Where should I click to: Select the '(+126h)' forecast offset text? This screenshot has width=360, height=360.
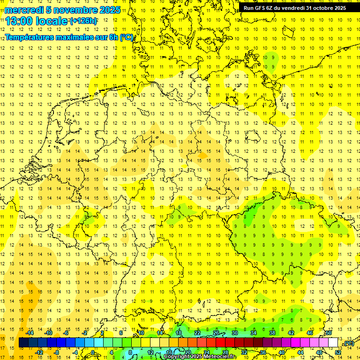pos(83,21)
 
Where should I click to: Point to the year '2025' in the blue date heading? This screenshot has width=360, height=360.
pos(110,10)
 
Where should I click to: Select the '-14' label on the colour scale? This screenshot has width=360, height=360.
pos(30,333)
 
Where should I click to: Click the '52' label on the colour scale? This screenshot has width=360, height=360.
pos(337,352)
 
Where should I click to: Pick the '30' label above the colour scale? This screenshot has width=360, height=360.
pos(234,333)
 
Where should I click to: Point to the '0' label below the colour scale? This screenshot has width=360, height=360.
pos(93,352)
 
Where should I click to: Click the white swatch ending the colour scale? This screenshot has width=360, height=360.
pos(333,343)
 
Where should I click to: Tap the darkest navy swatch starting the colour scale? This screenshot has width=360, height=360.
pos(24,343)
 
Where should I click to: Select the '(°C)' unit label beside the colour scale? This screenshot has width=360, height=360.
pos(348,344)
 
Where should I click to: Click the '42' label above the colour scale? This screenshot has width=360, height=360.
pos(291,333)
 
